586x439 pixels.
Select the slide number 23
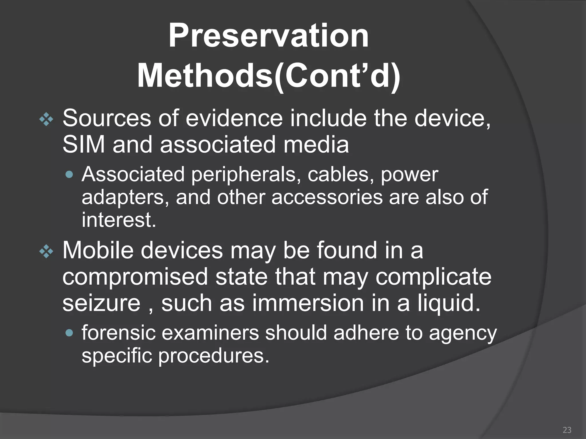pyautogui.click(x=567, y=430)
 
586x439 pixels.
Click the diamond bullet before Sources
pyautogui.click(x=46, y=120)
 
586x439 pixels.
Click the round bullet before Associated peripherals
pyautogui.click(x=70, y=174)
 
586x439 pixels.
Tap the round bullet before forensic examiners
pyautogui.click(x=70, y=333)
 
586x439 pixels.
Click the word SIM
pyautogui.click(x=84, y=145)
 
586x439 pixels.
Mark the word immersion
pyautogui.click(x=308, y=303)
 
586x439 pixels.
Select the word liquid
pyautogui.click(x=449, y=304)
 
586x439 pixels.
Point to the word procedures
pyautogui.click(x=214, y=356)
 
